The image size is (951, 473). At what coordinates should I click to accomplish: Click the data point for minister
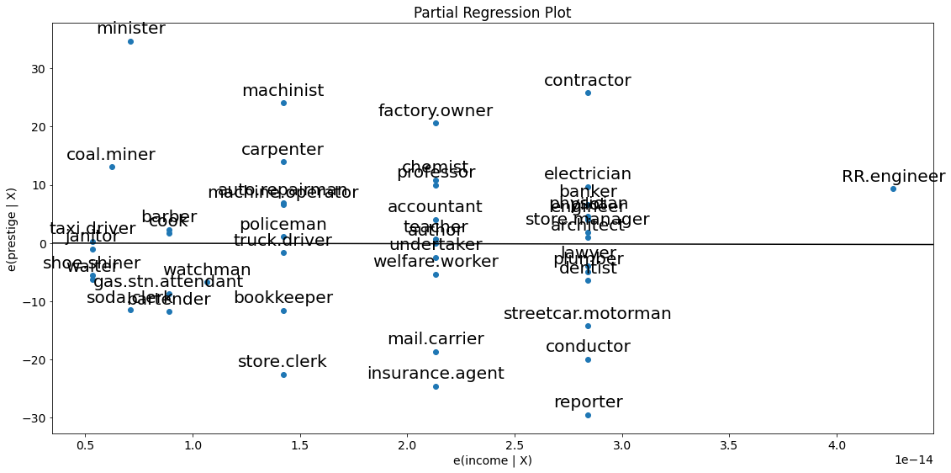click(x=130, y=41)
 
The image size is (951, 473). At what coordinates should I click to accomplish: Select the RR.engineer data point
click(x=893, y=189)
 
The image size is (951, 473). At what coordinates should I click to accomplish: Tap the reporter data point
click(x=588, y=415)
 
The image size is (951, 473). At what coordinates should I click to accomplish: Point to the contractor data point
click(x=588, y=93)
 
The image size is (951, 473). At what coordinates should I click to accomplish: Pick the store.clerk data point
click(x=283, y=375)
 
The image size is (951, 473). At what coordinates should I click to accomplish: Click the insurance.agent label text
click(x=436, y=374)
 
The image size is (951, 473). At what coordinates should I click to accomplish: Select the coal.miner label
click(x=111, y=155)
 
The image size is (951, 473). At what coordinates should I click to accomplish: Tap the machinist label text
click(x=283, y=91)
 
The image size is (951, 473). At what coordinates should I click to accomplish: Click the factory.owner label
click(x=436, y=111)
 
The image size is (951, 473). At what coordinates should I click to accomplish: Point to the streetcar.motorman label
click(x=588, y=314)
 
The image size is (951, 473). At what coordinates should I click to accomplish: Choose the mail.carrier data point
click(x=436, y=352)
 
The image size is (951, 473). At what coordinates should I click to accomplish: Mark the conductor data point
click(x=588, y=359)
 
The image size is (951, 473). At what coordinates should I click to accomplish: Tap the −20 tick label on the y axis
click(x=34, y=360)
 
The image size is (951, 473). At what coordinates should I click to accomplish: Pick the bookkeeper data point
click(x=283, y=311)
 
